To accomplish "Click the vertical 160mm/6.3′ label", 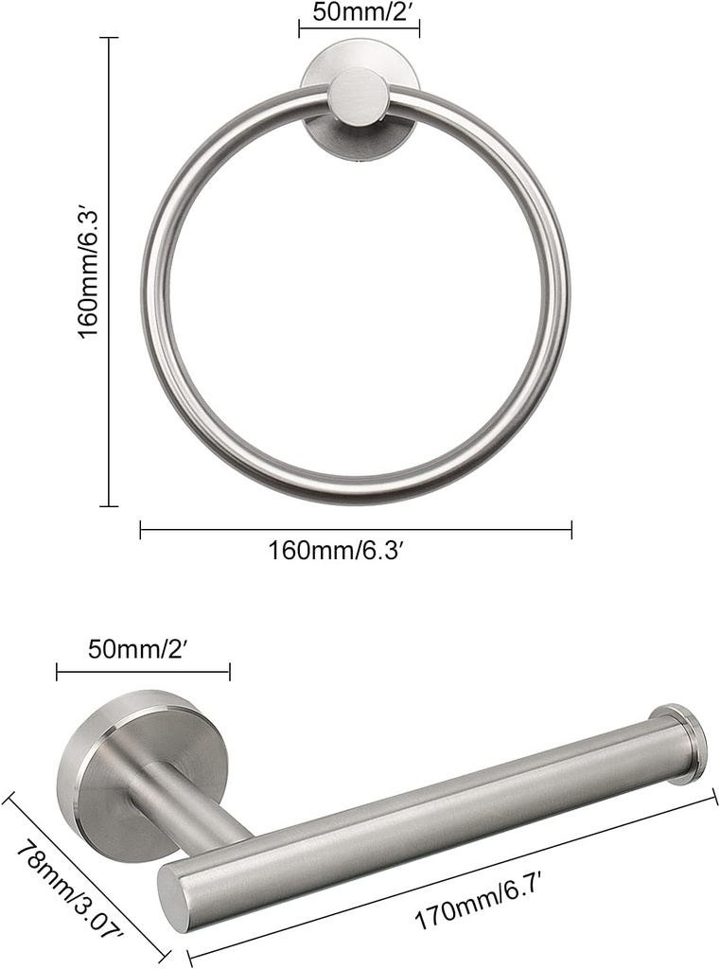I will click(x=89, y=273).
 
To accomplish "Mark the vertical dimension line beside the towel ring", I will click(x=110, y=273).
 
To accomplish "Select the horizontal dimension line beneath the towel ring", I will click(x=356, y=530).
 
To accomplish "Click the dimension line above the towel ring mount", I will click(x=360, y=29).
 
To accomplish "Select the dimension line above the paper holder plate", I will click(x=143, y=673).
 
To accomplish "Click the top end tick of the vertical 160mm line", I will click(x=110, y=39).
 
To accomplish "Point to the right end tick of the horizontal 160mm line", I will click(x=571, y=530).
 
